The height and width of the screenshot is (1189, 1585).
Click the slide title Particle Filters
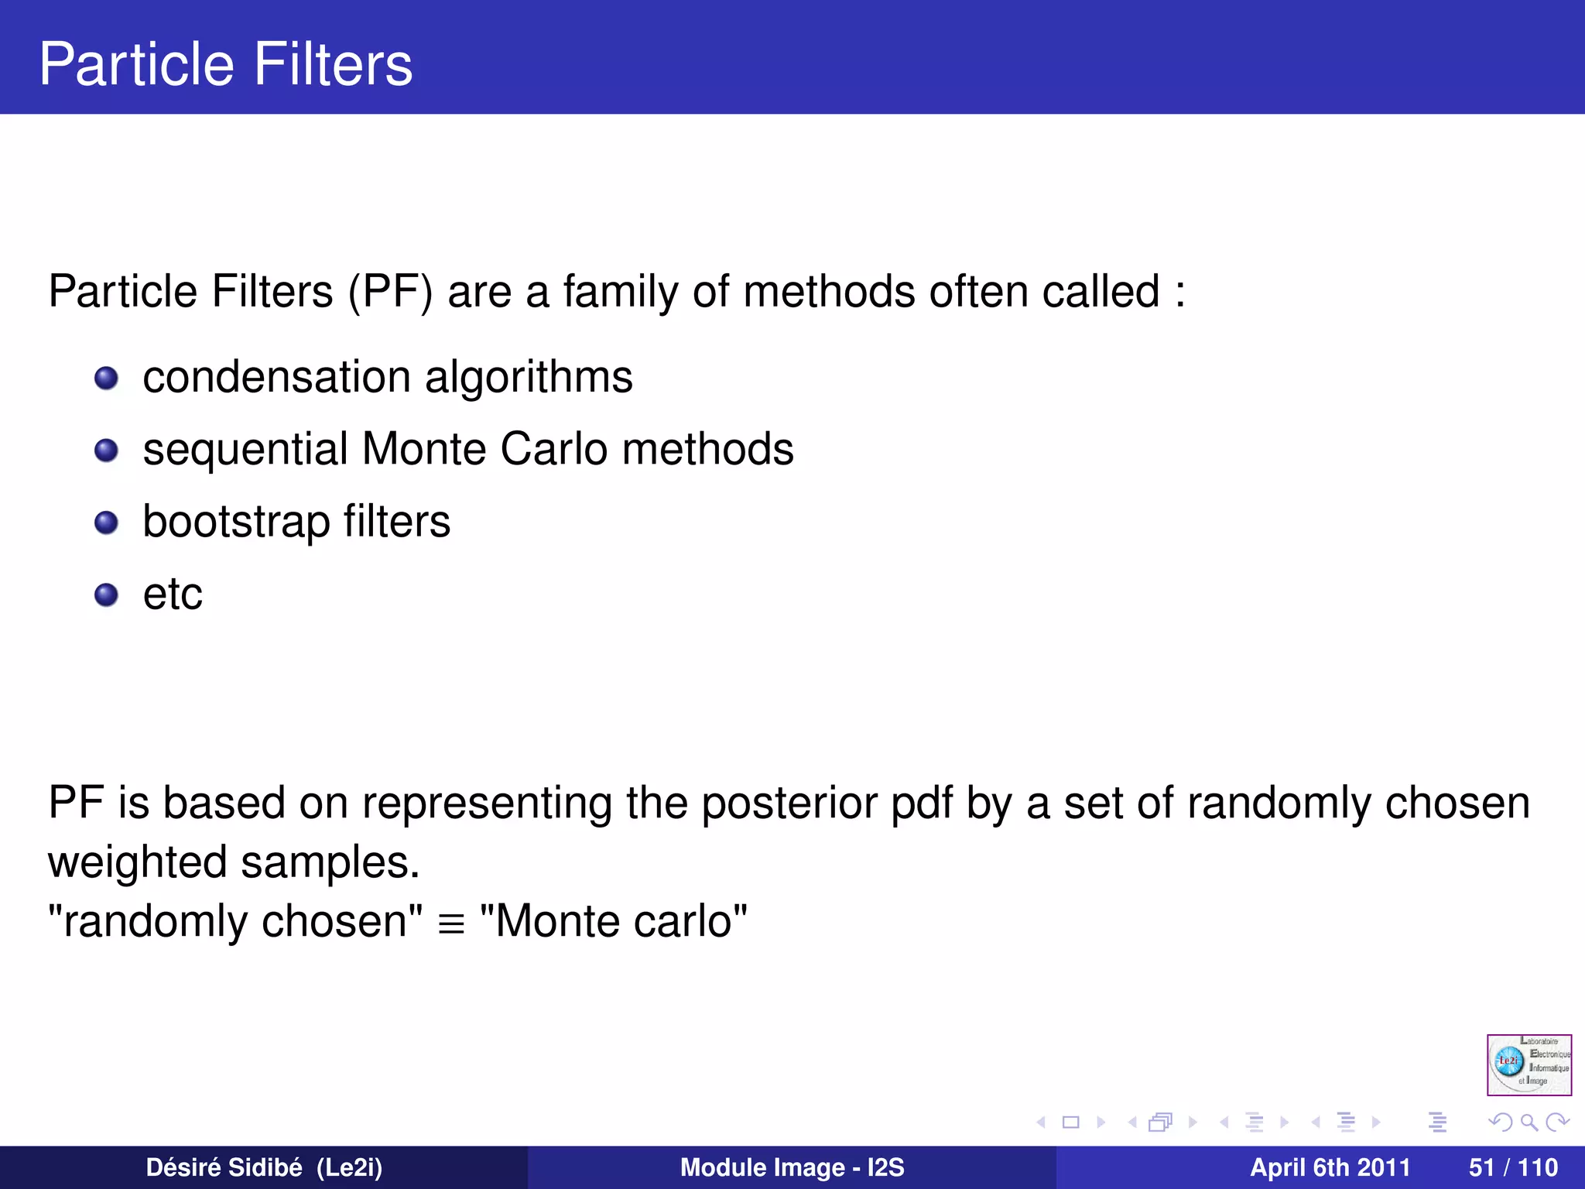225,63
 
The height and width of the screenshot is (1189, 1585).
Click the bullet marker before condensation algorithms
106,379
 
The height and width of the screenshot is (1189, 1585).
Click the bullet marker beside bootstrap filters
106,523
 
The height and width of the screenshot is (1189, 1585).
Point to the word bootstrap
236,523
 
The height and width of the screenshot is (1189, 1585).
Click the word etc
173,594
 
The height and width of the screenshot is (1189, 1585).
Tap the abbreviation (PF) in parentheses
390,292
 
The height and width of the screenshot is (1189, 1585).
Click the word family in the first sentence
621,292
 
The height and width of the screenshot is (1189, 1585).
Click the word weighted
137,862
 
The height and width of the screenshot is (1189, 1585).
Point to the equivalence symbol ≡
451,923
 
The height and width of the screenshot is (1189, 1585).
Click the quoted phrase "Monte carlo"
613,921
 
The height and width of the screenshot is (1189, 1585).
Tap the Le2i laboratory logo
1529,1064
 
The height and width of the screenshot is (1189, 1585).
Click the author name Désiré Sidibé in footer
224,1167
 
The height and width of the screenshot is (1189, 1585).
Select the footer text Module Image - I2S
792,1167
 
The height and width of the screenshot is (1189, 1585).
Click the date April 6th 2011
1330,1167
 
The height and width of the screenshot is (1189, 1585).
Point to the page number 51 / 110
1513,1167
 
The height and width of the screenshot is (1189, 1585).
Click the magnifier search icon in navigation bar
1529,1122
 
